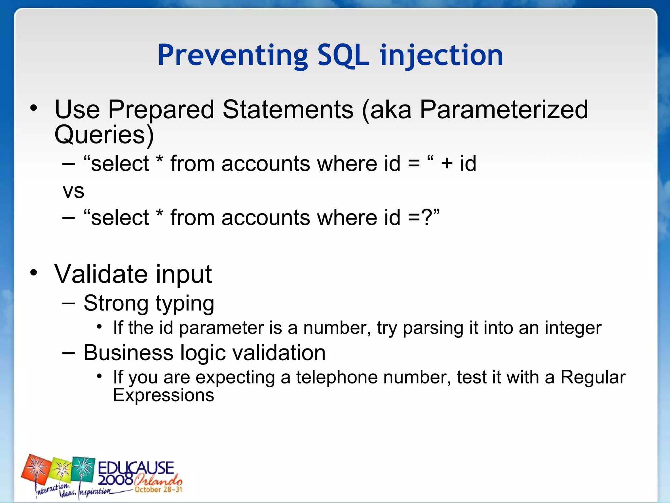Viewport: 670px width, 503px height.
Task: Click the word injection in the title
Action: tap(441, 56)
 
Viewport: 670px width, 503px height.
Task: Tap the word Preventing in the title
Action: tap(233, 56)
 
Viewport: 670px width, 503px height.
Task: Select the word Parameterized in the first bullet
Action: tap(504, 110)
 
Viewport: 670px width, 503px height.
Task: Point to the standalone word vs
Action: tap(73, 191)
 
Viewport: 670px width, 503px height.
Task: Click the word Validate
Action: tap(100, 274)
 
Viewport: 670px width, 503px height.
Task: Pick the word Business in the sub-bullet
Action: tap(128, 353)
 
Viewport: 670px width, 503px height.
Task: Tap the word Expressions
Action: tap(163, 395)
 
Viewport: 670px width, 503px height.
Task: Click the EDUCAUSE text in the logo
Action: tap(136, 468)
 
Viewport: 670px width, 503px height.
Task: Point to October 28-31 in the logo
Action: tap(158, 490)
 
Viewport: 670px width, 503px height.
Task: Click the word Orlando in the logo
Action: tap(158, 480)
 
